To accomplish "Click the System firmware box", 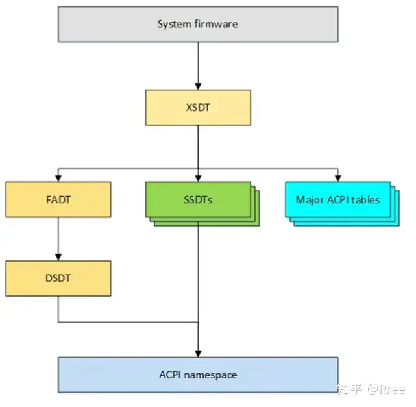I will click(x=198, y=24).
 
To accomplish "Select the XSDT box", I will click(x=198, y=108).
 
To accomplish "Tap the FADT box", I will click(x=58, y=200).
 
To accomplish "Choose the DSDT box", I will click(x=58, y=278).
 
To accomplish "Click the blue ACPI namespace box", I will click(x=198, y=375).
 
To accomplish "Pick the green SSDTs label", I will click(x=198, y=200).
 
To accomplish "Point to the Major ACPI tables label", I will click(x=337, y=199).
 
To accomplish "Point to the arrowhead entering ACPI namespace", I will click(x=198, y=352).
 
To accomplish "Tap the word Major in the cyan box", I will click(x=308, y=199).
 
